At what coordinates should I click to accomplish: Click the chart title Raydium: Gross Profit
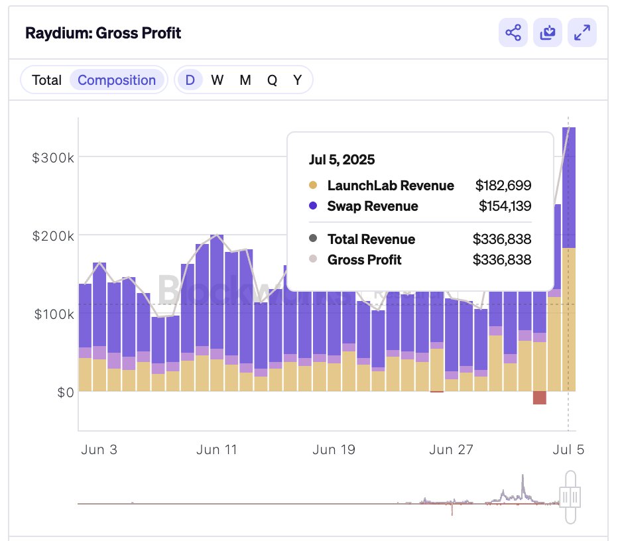pos(103,33)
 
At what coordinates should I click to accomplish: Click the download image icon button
pos(547,33)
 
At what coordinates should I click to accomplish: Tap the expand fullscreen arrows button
pos(582,33)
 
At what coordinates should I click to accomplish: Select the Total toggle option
pos(46,80)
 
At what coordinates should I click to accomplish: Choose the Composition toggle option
pos(117,80)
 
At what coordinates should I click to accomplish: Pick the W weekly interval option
pos(217,80)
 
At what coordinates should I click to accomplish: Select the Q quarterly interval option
pos(272,80)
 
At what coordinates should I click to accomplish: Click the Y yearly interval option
pos(298,80)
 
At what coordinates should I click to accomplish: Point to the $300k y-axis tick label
pos(52,157)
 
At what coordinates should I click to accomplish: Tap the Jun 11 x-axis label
pos(217,450)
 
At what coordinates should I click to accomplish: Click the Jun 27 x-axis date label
pos(451,450)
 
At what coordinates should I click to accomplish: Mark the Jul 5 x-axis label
pos(568,450)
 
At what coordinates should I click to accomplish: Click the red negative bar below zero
pos(539,398)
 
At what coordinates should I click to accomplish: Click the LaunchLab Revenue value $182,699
pos(503,186)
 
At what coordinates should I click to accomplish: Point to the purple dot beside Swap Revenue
pos(313,206)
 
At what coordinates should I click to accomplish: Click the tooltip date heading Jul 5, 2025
pos(341,160)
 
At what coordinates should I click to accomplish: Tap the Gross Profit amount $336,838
pos(501,260)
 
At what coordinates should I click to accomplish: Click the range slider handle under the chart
pos(570,495)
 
